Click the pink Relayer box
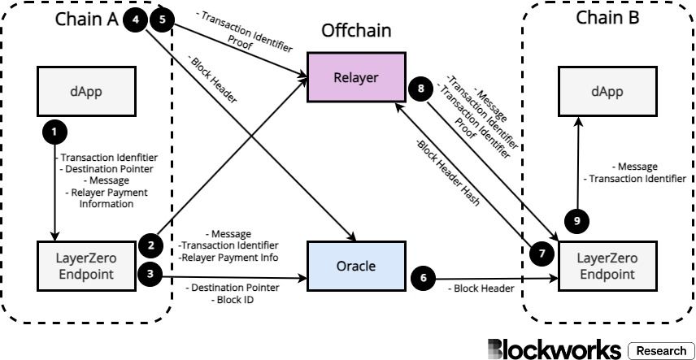[355, 78]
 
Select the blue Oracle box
[355, 265]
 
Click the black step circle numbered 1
[54, 131]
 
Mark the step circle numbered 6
[423, 277]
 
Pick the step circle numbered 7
[539, 254]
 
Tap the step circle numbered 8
[420, 89]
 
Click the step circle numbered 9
[576, 219]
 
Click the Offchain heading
[356, 31]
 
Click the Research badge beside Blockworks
[660, 350]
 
